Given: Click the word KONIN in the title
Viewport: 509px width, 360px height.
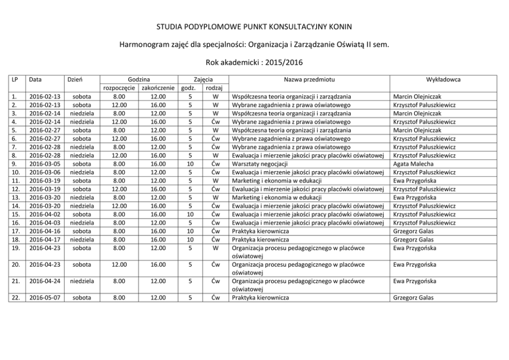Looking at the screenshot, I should pos(341,26).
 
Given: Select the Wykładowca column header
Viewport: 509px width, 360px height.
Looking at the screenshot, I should pos(443,79).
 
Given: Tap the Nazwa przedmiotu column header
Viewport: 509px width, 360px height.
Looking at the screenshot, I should pos(308,79).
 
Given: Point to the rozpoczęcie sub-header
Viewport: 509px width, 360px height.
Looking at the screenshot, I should pos(119,88).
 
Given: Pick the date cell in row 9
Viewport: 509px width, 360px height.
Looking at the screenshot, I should pos(45,164).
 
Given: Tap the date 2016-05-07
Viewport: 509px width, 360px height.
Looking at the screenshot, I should pos(45,297).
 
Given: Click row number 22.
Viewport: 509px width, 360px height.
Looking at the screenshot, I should pos(16,297).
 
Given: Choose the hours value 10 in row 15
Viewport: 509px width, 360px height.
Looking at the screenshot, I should pos(190,214).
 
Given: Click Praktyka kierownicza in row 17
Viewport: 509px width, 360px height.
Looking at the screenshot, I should pos(260,231).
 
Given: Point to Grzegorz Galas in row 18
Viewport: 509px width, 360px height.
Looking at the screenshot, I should pos(413,239).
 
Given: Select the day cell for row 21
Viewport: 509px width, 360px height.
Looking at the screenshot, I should pos(82,281).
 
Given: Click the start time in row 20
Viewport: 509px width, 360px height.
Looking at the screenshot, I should pos(119,265).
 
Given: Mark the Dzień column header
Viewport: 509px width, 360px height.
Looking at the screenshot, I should pos(75,79).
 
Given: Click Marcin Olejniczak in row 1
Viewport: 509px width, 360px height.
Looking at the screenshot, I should pos(417,96).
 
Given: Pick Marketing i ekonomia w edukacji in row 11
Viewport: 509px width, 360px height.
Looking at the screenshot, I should pos(277,181).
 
